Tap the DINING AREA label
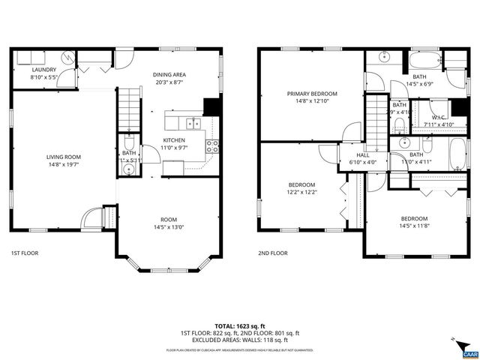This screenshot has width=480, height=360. click(x=169, y=74)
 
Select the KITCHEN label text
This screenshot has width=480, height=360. click(x=175, y=139)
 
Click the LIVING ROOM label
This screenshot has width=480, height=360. click(x=64, y=157)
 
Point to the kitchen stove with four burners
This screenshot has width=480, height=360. click(x=212, y=145)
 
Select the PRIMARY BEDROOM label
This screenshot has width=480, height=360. click(x=312, y=94)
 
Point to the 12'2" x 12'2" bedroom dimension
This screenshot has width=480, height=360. click(x=302, y=192)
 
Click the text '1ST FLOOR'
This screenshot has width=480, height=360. click(x=25, y=253)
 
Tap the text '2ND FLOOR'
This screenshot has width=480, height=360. click(x=272, y=253)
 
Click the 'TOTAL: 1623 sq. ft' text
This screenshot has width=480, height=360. click(x=239, y=325)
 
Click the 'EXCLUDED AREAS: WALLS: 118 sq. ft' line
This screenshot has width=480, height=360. click(x=239, y=340)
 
